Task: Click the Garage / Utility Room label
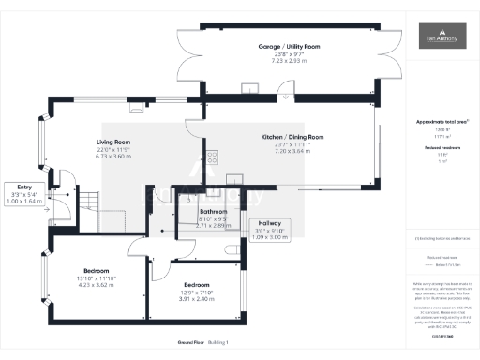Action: pos(290,46)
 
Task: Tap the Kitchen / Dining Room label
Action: pos(292,137)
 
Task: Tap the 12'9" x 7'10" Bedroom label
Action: pos(197,285)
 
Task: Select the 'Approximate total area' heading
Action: pos(440,122)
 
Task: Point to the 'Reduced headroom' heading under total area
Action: pos(440,146)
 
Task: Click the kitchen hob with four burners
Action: pos(211,157)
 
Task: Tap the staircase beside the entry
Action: pos(85,201)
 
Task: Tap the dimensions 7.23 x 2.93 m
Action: pos(290,59)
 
